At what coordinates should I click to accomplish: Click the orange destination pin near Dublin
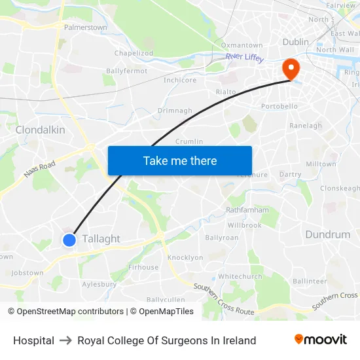pos(289,68)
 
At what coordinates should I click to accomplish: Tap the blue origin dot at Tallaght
pos(69,240)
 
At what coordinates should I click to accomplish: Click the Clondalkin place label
pos(40,130)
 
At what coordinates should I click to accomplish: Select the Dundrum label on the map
pos(327,234)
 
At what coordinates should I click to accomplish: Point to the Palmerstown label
pos(85,27)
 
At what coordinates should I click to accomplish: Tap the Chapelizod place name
pos(134,53)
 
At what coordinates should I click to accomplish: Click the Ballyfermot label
pos(126,71)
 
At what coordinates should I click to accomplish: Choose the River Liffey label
pos(244,58)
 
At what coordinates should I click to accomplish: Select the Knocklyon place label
pos(185,257)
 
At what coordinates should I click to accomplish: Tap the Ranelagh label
pos(306,126)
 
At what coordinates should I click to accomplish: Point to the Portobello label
pos(279,106)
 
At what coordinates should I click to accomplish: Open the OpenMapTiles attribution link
pos(166,312)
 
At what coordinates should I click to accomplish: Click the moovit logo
pos(321,339)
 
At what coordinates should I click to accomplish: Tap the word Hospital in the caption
pos(33,340)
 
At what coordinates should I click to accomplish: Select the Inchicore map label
pos(180,81)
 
